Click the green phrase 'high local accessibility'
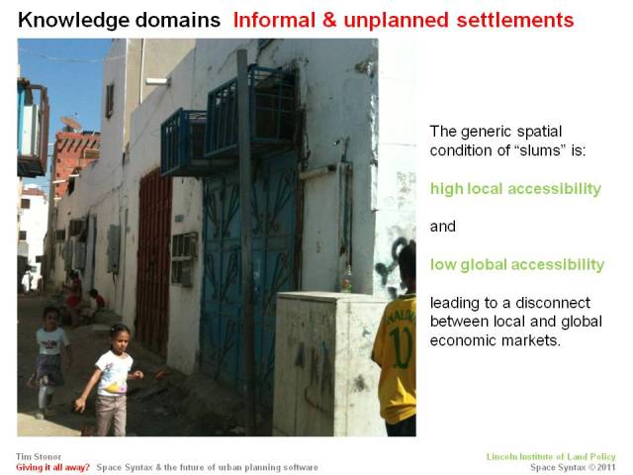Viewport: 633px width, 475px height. pos(515,188)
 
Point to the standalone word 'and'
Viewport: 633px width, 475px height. pos(442,227)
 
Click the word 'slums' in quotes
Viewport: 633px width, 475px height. pos(534,150)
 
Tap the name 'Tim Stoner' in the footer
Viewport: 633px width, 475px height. pos(36,456)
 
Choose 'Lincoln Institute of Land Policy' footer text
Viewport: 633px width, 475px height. pos(551,456)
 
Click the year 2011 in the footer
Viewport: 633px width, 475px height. pos(605,467)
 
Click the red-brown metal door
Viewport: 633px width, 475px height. pos(153,263)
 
